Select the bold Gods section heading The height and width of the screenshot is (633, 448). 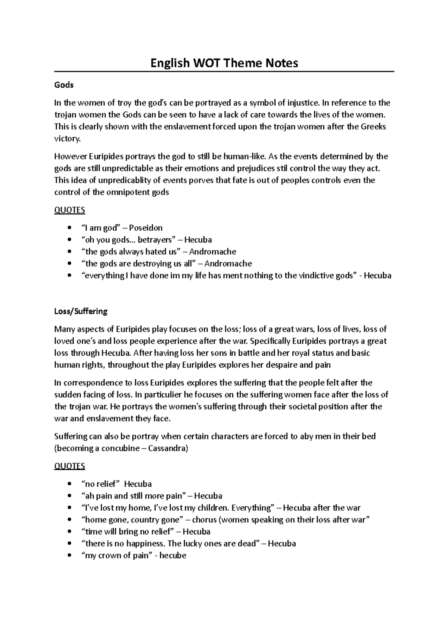pos(64,85)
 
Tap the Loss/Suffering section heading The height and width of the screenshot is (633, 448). pos(81,311)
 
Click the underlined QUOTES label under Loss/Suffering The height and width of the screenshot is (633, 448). pos(70,466)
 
